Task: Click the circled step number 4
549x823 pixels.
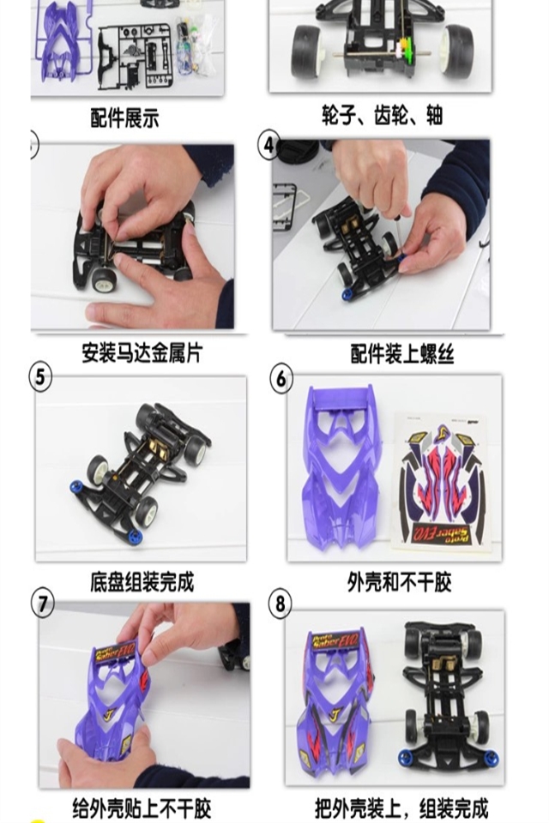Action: click(269, 144)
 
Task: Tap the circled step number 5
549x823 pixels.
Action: click(40, 377)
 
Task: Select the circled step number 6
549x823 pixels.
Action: click(281, 378)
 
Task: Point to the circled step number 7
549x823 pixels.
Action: click(43, 604)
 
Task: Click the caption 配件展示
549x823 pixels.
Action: click(124, 117)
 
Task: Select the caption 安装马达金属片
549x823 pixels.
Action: click(142, 352)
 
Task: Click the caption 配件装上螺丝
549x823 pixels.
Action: click(402, 354)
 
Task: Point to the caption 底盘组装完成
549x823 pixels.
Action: click(142, 581)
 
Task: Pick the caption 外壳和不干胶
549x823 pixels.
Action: click(399, 581)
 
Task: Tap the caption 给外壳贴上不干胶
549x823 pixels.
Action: click(142, 808)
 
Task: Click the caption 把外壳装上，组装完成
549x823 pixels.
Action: click(402, 808)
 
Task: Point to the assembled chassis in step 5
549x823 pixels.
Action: click(141, 472)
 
